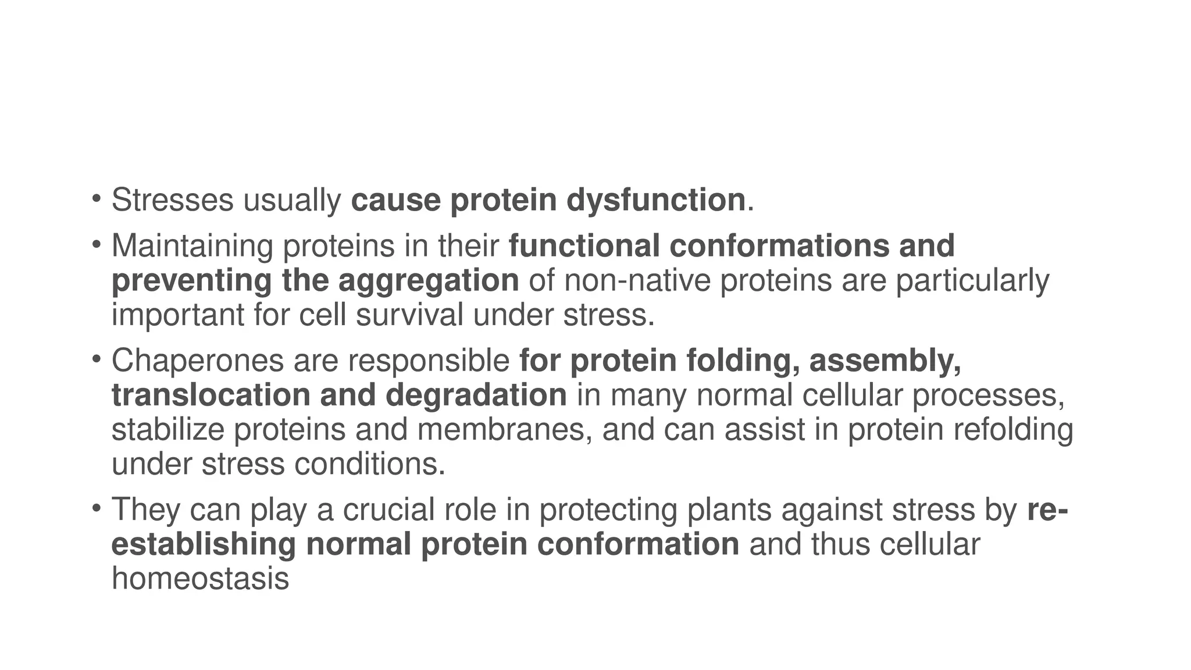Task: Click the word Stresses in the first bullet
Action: [172, 200]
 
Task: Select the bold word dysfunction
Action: [655, 200]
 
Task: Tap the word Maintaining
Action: [192, 246]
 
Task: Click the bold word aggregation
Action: [429, 280]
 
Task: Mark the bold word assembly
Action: [885, 361]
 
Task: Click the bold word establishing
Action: [204, 544]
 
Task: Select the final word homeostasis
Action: [200, 579]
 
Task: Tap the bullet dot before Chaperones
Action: [96, 357]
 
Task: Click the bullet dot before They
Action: [96, 506]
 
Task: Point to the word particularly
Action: [972, 280]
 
